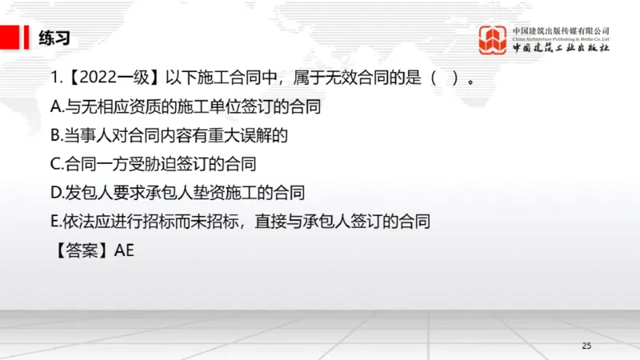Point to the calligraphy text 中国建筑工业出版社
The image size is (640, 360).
pyautogui.click(x=562, y=48)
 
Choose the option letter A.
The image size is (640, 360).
pyautogui.click(x=54, y=107)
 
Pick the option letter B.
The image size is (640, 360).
pyautogui.click(x=54, y=135)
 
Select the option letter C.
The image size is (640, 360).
pyautogui.click(x=54, y=164)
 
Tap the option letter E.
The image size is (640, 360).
pyautogui.click(x=54, y=221)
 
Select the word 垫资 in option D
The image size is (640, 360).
pyautogui.click(x=185, y=192)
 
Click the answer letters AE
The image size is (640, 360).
pyautogui.click(x=124, y=250)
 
